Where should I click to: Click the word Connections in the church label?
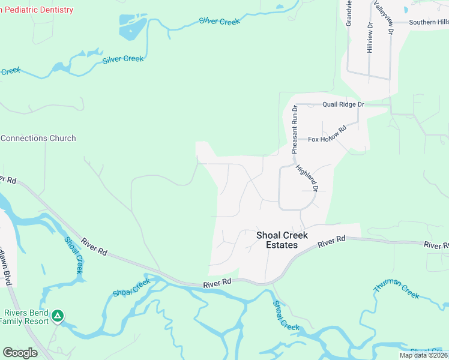coord(24,138)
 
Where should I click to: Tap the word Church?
coord(62,138)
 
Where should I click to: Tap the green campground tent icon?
coord(57,315)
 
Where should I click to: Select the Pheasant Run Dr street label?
coord(295,129)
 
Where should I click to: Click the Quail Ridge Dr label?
coord(343,104)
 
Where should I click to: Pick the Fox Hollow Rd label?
coord(328,134)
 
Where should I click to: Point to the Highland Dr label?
coord(306,179)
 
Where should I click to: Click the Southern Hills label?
coord(429,22)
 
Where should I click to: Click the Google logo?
coord(20,353)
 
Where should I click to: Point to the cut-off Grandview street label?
coord(348,13)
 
